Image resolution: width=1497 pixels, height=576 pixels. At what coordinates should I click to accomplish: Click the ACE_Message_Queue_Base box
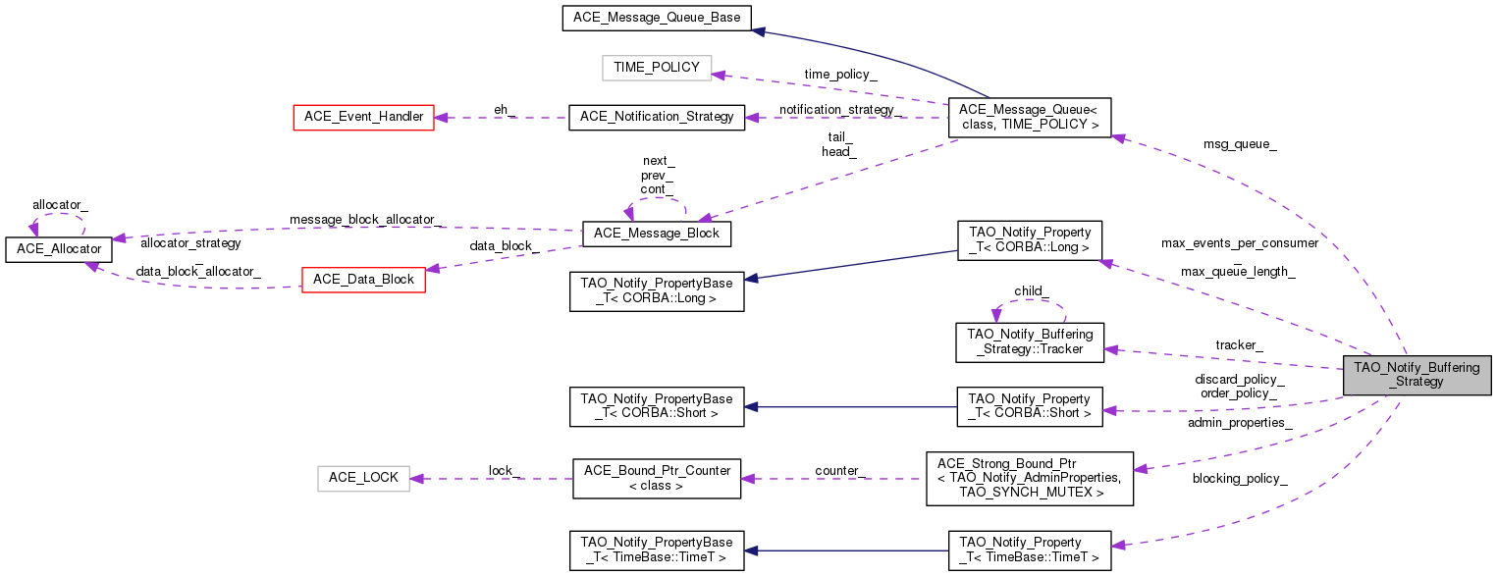657,18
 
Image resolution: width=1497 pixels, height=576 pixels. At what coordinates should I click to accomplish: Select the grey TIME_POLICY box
656,68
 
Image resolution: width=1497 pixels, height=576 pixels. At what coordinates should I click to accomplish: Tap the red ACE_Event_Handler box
363,117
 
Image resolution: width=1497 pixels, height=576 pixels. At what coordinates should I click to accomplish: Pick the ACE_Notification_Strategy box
657,117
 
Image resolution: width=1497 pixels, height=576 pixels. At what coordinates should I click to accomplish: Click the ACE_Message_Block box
656,234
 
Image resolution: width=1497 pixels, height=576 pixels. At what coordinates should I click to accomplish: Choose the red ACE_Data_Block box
363,280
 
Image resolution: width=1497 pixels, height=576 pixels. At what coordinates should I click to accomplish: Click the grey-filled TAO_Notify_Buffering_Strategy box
1417,375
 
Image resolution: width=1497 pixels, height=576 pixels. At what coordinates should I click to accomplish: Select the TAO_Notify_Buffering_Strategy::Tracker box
1030,340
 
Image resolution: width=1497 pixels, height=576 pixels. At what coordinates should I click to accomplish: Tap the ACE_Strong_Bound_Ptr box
1029,479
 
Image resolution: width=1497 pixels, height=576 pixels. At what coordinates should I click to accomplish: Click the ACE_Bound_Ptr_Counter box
657,479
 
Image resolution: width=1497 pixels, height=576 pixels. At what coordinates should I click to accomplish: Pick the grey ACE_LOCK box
363,478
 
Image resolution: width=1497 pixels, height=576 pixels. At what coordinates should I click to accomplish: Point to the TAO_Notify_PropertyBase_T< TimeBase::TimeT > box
657,550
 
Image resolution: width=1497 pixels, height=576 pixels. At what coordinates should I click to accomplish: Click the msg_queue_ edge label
1240,144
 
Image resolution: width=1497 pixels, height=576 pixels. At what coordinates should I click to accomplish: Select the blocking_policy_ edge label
1240,478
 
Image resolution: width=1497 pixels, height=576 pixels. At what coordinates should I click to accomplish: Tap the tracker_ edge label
1239,344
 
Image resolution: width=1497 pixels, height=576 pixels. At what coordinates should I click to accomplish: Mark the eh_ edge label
504,110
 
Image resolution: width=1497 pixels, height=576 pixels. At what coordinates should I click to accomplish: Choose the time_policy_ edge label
840,74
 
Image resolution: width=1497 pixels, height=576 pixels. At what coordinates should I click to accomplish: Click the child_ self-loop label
1032,291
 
